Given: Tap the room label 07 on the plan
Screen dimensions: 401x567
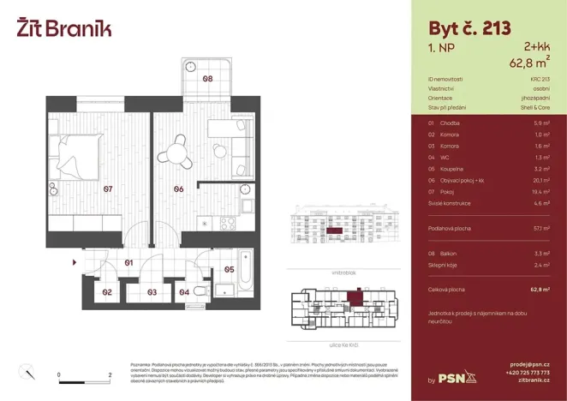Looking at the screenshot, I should (x=108, y=189).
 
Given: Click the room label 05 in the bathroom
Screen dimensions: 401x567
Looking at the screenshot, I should (x=229, y=269).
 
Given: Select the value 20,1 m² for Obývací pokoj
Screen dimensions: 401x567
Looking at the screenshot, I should (x=540, y=181).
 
